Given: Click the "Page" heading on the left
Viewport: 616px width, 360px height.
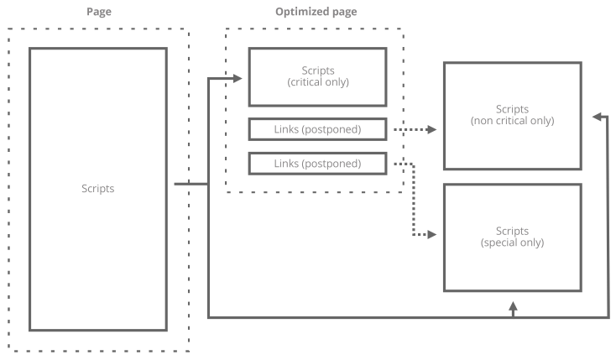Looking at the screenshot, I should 99,12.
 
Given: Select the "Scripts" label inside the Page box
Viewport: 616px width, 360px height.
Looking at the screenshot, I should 99,189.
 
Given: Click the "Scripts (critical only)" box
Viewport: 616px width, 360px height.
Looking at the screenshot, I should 317,76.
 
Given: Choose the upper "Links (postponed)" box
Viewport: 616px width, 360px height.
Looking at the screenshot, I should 317,130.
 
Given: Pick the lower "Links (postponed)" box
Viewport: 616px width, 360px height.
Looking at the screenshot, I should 317,164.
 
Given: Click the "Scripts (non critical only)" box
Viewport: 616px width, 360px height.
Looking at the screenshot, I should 512,116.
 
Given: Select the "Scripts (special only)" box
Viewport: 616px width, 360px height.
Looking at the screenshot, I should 512,237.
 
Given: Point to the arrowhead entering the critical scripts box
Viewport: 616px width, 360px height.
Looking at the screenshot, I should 237,78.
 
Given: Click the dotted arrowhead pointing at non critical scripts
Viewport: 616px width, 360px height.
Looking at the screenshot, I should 431,130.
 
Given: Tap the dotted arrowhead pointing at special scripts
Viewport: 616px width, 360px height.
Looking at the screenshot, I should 431,235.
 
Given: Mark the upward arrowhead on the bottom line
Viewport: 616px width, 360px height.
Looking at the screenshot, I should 512,308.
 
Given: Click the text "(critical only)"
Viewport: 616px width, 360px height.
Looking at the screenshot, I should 317,82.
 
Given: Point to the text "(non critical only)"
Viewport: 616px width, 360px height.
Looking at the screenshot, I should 512,122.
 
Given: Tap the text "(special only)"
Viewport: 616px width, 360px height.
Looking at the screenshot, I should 512,243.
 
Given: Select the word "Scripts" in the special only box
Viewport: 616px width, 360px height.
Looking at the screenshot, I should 512,231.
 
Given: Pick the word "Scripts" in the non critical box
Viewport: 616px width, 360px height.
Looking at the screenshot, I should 512,110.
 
